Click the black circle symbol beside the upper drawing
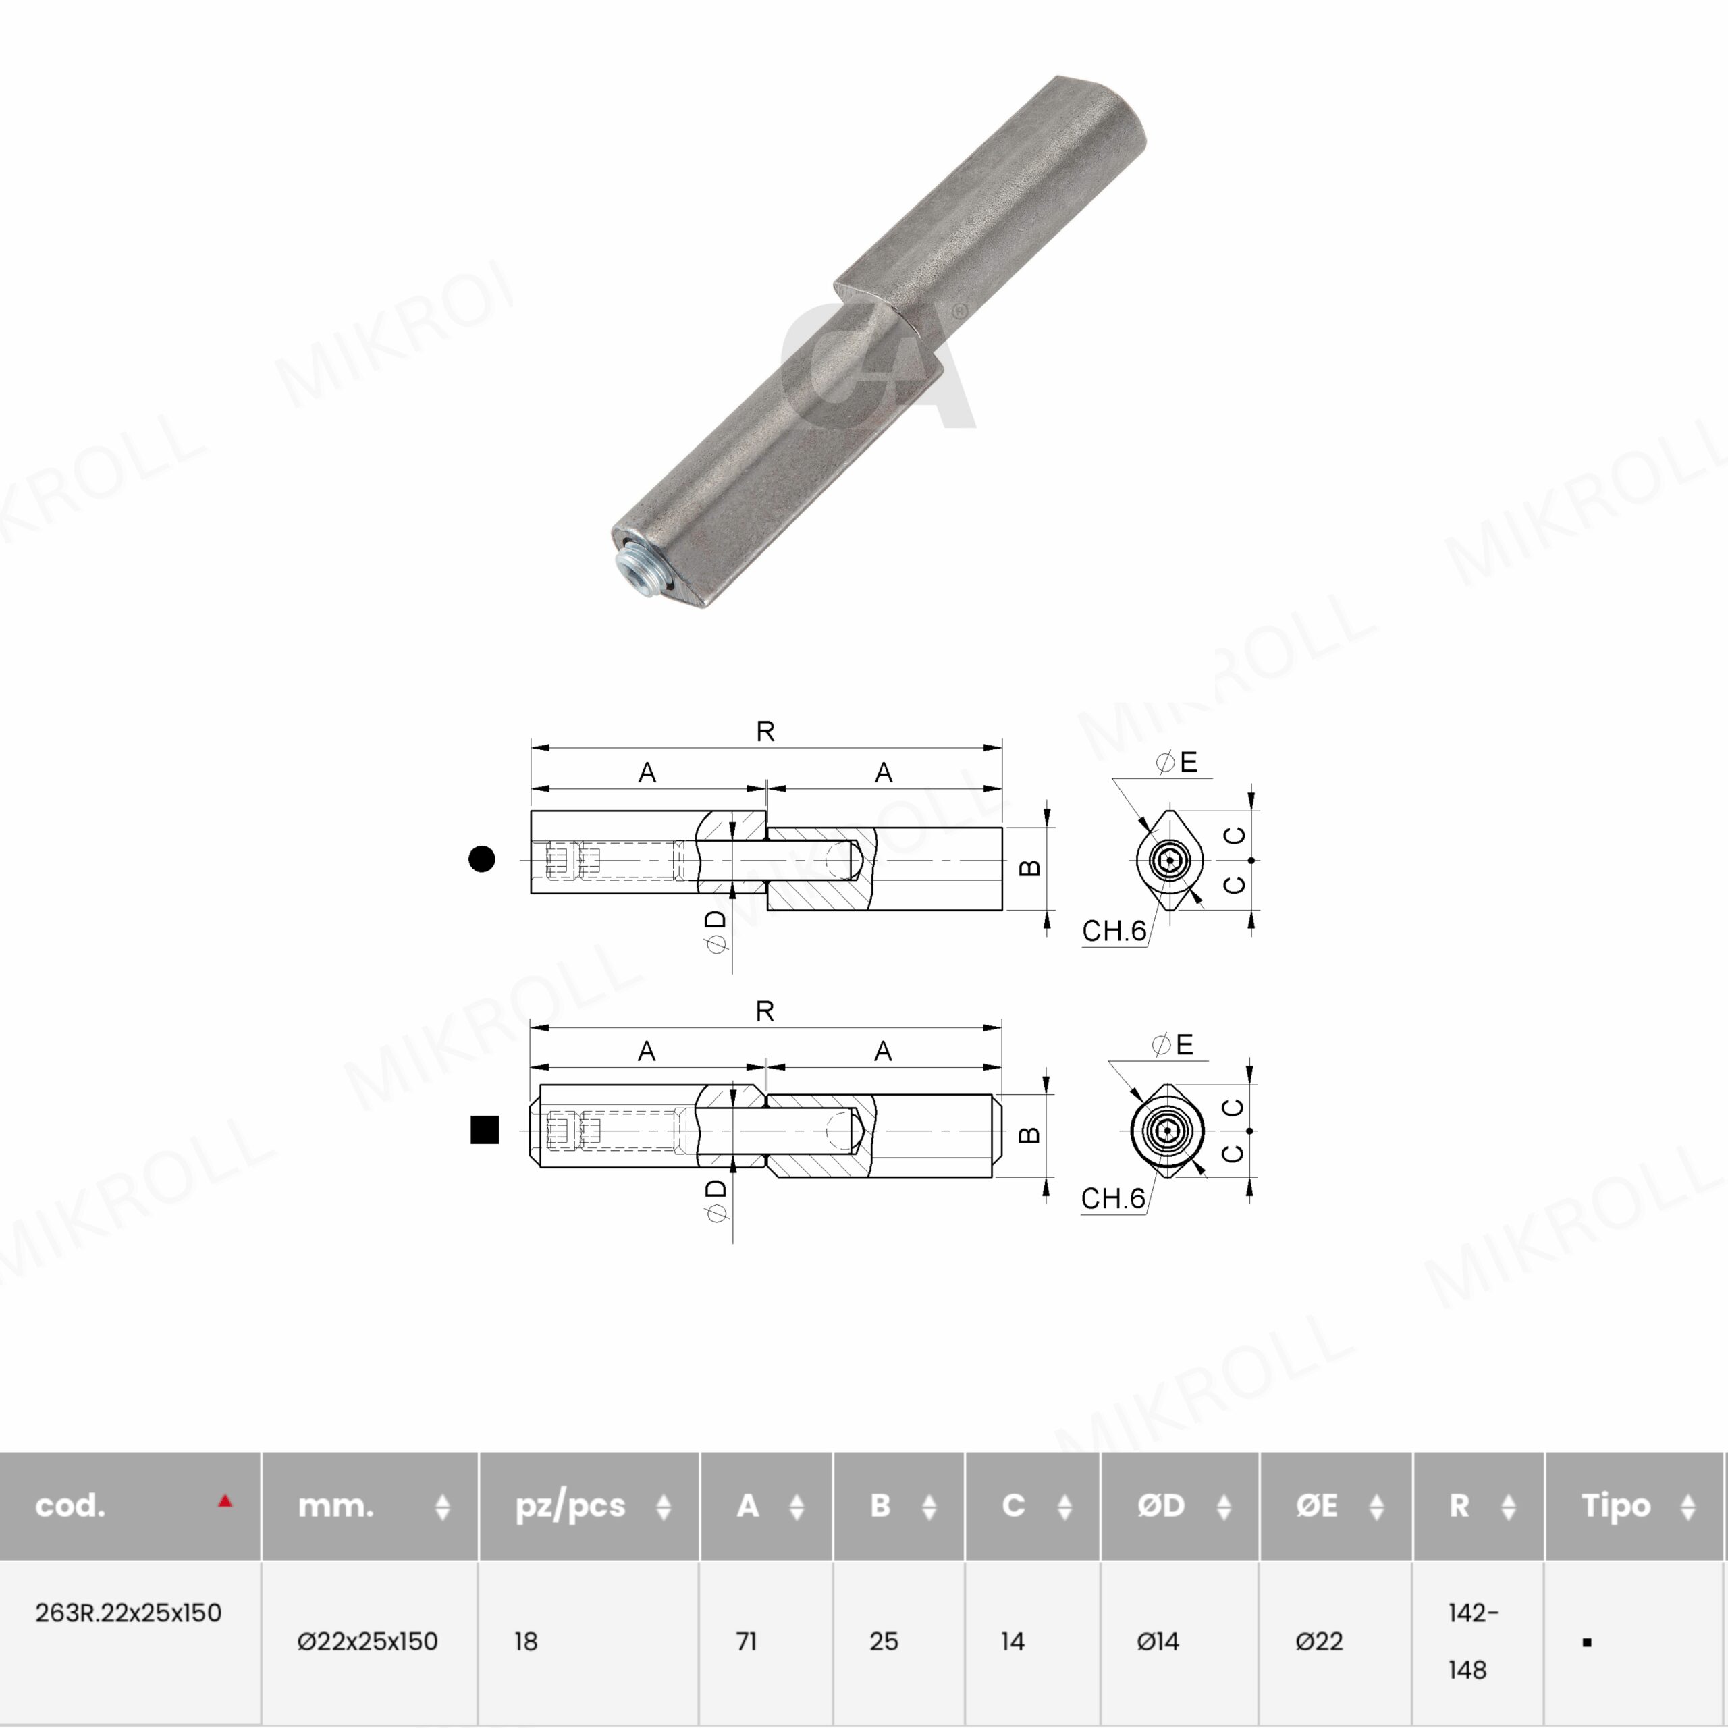pyautogui.click(x=482, y=859)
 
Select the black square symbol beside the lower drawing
pyautogui.click(x=485, y=1130)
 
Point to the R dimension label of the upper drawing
pyautogui.click(x=765, y=732)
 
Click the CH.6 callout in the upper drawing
pyautogui.click(x=1114, y=931)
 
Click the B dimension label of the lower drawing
pyautogui.click(x=1030, y=1135)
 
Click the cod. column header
pyautogui.click(x=70, y=1506)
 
